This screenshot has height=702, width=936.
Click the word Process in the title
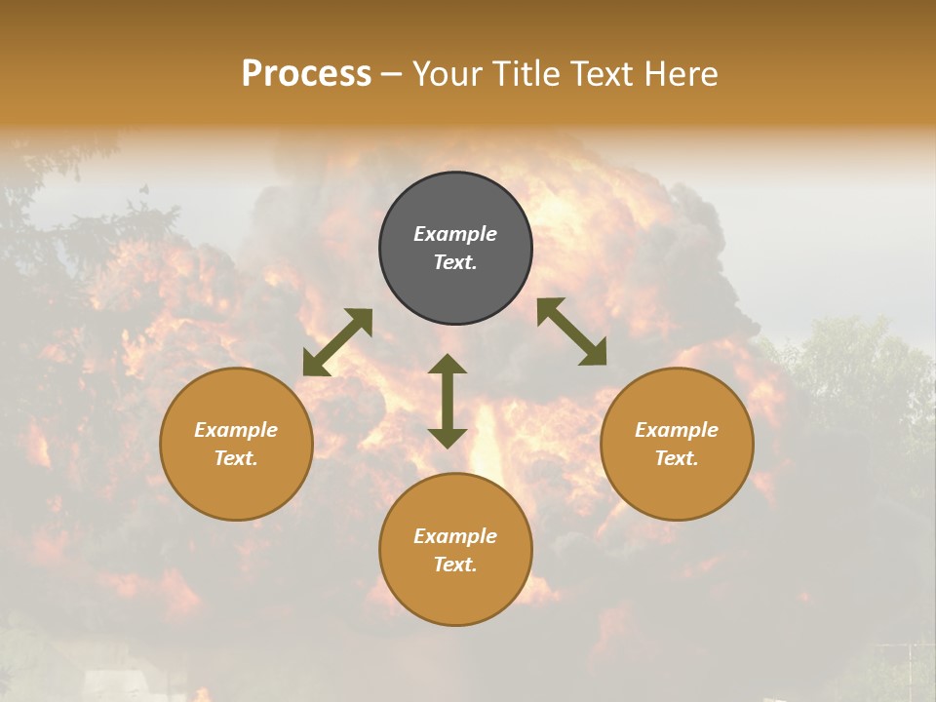tap(306, 74)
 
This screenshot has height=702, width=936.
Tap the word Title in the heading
tap(528, 74)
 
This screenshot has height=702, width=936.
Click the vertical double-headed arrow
tap(448, 401)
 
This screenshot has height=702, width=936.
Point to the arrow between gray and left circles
tap(337, 342)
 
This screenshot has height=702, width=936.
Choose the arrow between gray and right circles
tap(572, 331)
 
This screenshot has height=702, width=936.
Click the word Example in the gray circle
tap(455, 234)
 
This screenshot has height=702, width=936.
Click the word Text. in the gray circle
tap(455, 262)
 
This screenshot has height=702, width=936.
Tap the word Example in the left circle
tap(236, 430)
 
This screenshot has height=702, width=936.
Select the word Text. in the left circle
tap(236, 458)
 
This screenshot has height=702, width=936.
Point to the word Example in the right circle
tap(677, 430)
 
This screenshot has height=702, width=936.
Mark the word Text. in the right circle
tap(677, 458)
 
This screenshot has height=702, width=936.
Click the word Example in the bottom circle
tap(455, 536)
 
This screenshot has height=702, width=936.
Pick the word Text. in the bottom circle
tap(455, 565)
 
